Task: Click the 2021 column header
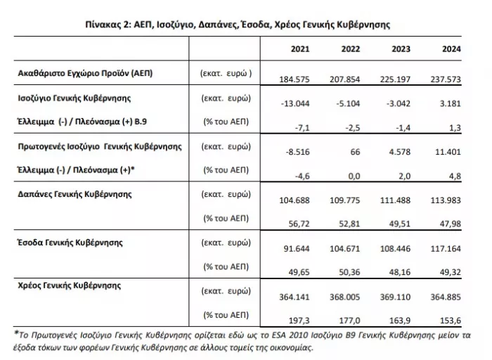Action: [301, 49]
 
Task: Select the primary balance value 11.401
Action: [444, 149]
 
